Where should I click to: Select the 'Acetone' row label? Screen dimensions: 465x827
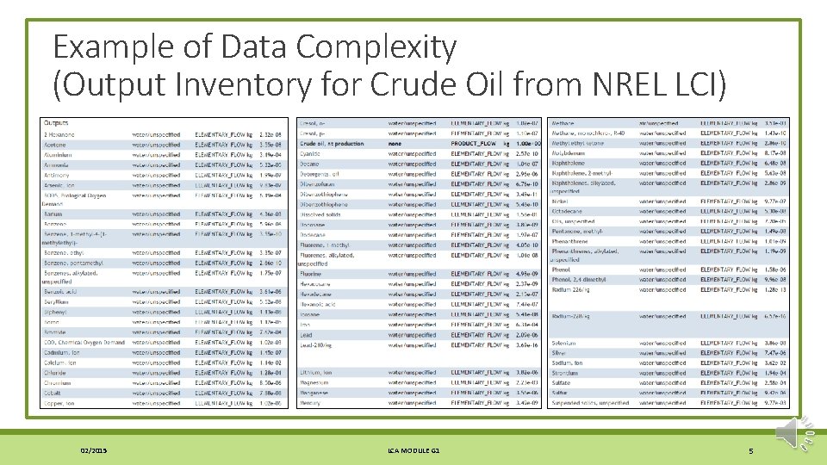click(x=55, y=144)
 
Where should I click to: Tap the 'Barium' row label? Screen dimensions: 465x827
click(x=53, y=214)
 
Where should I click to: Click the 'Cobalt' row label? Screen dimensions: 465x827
click(x=53, y=393)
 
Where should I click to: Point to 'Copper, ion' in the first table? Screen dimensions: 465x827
click(x=59, y=403)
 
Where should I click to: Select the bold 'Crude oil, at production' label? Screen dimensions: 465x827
click(x=333, y=144)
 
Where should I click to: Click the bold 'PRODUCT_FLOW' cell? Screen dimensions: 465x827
click(x=474, y=144)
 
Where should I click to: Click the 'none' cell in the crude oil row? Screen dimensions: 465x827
click(x=396, y=144)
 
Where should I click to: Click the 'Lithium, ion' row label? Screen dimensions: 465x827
click(x=318, y=373)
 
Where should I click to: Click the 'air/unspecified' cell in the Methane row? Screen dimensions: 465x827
click(x=663, y=123)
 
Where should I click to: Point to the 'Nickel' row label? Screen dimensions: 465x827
click(x=561, y=201)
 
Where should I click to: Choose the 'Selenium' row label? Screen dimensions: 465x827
click(x=564, y=343)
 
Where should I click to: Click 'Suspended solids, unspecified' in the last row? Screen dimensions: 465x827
click(x=590, y=403)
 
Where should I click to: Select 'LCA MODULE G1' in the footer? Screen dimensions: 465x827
click(x=413, y=450)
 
